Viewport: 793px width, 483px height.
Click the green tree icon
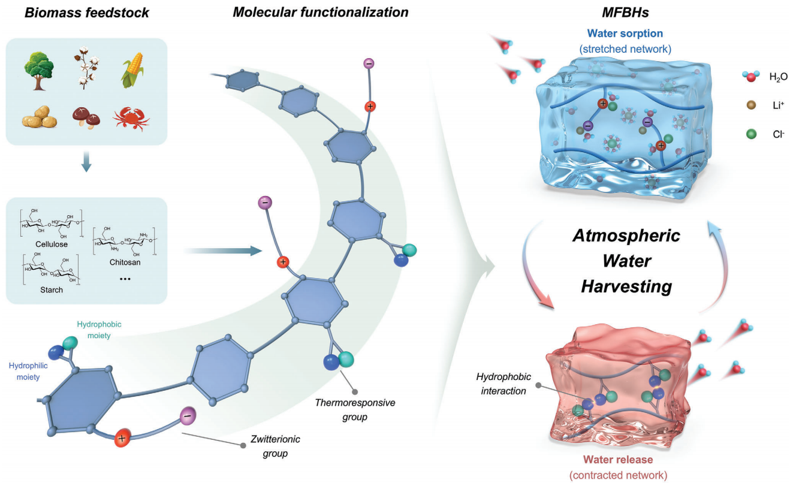39,71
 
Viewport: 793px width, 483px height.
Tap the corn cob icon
133,70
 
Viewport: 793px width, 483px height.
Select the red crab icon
131,118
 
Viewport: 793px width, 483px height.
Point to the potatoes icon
40,117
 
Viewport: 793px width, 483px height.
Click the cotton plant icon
86,70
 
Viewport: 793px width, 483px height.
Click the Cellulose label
52,244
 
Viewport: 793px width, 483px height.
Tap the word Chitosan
125,262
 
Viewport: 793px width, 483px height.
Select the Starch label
52,290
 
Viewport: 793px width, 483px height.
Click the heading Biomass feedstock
87,13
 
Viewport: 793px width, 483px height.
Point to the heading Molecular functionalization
321,12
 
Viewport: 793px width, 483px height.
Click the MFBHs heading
625,13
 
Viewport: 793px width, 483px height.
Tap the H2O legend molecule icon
750,76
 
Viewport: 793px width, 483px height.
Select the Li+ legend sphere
751,105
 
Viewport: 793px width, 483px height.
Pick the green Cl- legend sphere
751,134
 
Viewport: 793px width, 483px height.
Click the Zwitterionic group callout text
275,446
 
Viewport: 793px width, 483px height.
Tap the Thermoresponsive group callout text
355,409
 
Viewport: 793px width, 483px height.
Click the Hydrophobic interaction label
503,384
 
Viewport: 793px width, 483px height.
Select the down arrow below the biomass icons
86,162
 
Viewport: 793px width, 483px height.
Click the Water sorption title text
625,34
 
